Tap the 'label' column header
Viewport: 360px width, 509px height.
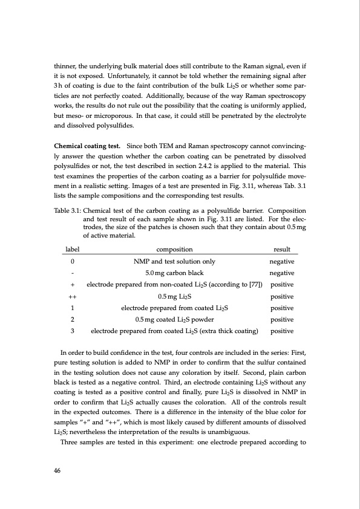73,265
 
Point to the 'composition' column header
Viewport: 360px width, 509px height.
174,265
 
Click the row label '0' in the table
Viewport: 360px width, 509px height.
73,278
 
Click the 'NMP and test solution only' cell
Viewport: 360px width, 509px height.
174,278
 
